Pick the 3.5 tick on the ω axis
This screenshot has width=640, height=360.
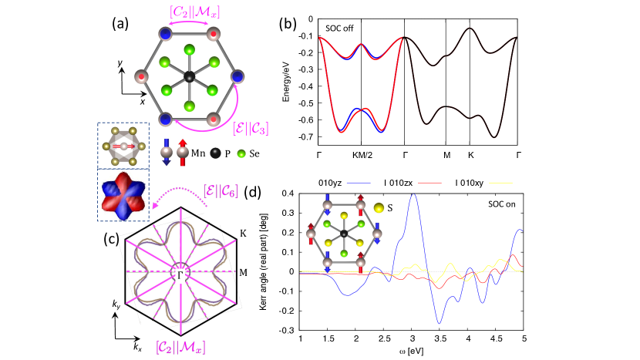point(440,339)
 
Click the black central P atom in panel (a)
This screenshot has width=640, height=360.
point(189,76)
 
